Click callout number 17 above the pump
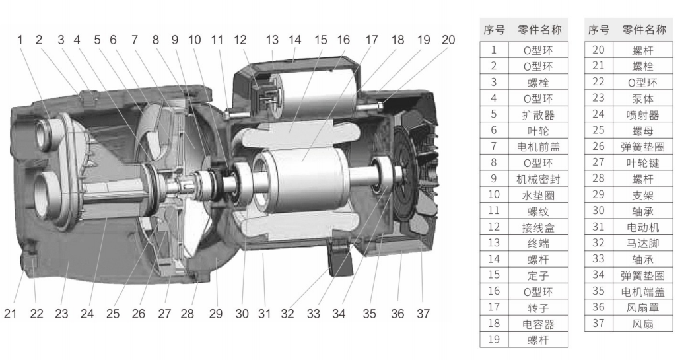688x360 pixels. click(371, 40)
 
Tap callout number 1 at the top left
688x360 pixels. click(20, 40)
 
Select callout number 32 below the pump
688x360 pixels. click(287, 314)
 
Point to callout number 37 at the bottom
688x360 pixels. click(423, 314)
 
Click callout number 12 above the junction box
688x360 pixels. click(240, 40)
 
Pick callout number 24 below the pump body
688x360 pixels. click(87, 314)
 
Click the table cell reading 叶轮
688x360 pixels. click(538, 131)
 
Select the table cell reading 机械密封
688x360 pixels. click(538, 179)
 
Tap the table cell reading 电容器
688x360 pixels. click(538, 324)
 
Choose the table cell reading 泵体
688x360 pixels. click(643, 99)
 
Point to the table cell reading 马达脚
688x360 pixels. click(643, 244)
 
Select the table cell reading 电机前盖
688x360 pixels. click(538, 147)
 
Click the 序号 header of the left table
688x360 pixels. click(494, 30)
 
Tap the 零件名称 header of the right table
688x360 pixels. click(644, 30)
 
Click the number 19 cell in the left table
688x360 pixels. click(494, 340)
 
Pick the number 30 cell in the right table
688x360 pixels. click(598, 211)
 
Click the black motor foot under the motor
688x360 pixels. click(341, 259)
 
